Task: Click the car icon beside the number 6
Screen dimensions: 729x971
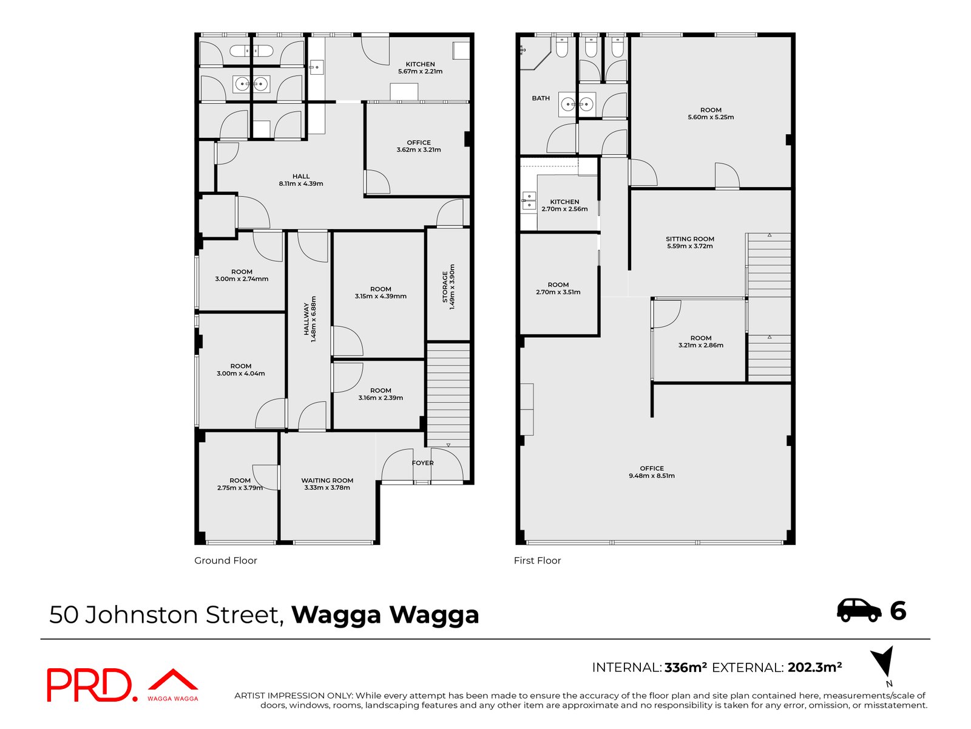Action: click(x=859, y=610)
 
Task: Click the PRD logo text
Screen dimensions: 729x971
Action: click(x=89, y=685)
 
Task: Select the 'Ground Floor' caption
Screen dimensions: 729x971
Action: click(x=225, y=560)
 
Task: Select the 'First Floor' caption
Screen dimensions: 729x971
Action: click(x=537, y=560)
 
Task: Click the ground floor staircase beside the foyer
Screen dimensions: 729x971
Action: click(x=448, y=395)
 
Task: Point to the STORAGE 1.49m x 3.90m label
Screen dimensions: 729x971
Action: click(x=448, y=287)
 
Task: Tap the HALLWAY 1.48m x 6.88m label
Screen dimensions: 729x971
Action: click(x=310, y=319)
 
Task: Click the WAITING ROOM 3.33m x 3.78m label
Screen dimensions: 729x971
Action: click(x=327, y=484)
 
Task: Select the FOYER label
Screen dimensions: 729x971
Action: click(x=422, y=463)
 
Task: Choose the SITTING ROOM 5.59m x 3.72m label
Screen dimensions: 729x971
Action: click(x=689, y=242)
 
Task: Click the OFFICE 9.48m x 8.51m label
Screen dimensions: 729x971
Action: click(x=651, y=472)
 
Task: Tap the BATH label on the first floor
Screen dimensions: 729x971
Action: click(x=541, y=98)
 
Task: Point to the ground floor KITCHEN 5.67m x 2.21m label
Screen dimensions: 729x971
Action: click(x=420, y=67)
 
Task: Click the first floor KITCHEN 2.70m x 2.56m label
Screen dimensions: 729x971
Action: click(x=564, y=205)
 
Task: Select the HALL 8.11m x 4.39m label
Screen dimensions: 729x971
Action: click(x=301, y=180)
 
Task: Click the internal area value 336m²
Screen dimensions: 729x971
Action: click(x=686, y=668)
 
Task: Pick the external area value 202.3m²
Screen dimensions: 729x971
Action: click(x=814, y=668)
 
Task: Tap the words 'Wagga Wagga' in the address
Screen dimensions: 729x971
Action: click(x=385, y=615)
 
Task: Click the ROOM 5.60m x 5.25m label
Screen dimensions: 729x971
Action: click(x=711, y=114)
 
